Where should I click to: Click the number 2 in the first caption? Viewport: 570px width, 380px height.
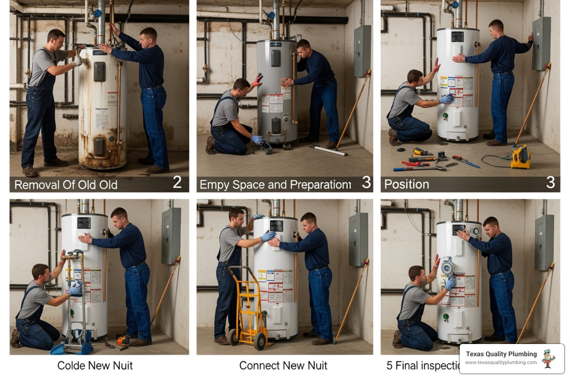(177, 182)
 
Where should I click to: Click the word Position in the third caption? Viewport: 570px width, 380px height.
(406, 184)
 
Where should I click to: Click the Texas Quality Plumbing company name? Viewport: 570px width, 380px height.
(501, 354)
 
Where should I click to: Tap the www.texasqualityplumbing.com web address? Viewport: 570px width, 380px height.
(501, 363)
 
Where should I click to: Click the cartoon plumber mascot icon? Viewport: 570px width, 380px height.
(548, 359)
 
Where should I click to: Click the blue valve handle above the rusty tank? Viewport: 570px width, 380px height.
(98, 14)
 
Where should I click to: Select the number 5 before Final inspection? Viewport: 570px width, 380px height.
(389, 366)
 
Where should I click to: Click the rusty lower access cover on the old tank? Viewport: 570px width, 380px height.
(99, 147)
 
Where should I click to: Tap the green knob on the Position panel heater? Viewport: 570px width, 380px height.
(445, 115)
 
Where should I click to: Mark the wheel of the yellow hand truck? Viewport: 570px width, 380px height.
(259, 341)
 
